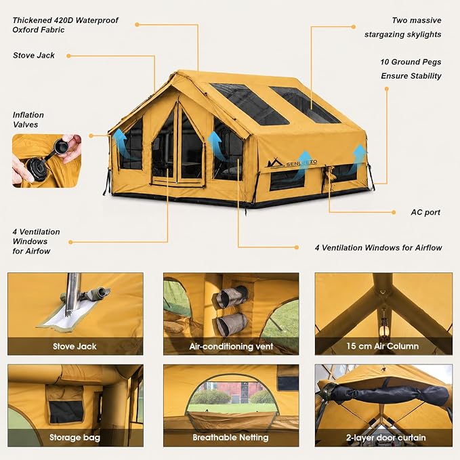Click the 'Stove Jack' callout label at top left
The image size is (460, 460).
(x=34, y=56)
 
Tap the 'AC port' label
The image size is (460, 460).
(x=425, y=213)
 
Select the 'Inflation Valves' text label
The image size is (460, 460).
(x=28, y=120)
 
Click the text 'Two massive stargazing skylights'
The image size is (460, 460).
(x=403, y=27)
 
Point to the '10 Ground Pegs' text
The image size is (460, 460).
(x=411, y=62)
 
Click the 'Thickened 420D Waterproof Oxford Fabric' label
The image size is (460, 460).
(x=65, y=25)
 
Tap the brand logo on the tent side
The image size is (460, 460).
(x=293, y=164)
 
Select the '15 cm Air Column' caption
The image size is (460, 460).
(x=382, y=346)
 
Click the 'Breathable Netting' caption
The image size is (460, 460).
(x=230, y=438)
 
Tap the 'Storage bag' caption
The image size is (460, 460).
(x=75, y=438)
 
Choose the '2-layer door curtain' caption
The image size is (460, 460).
(x=385, y=438)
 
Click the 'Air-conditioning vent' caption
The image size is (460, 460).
(x=231, y=346)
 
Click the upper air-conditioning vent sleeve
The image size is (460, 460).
(x=231, y=296)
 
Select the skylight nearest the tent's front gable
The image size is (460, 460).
(x=250, y=103)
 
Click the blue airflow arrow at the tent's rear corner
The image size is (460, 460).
(x=359, y=158)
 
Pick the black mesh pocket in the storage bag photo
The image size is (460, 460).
(x=66, y=412)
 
